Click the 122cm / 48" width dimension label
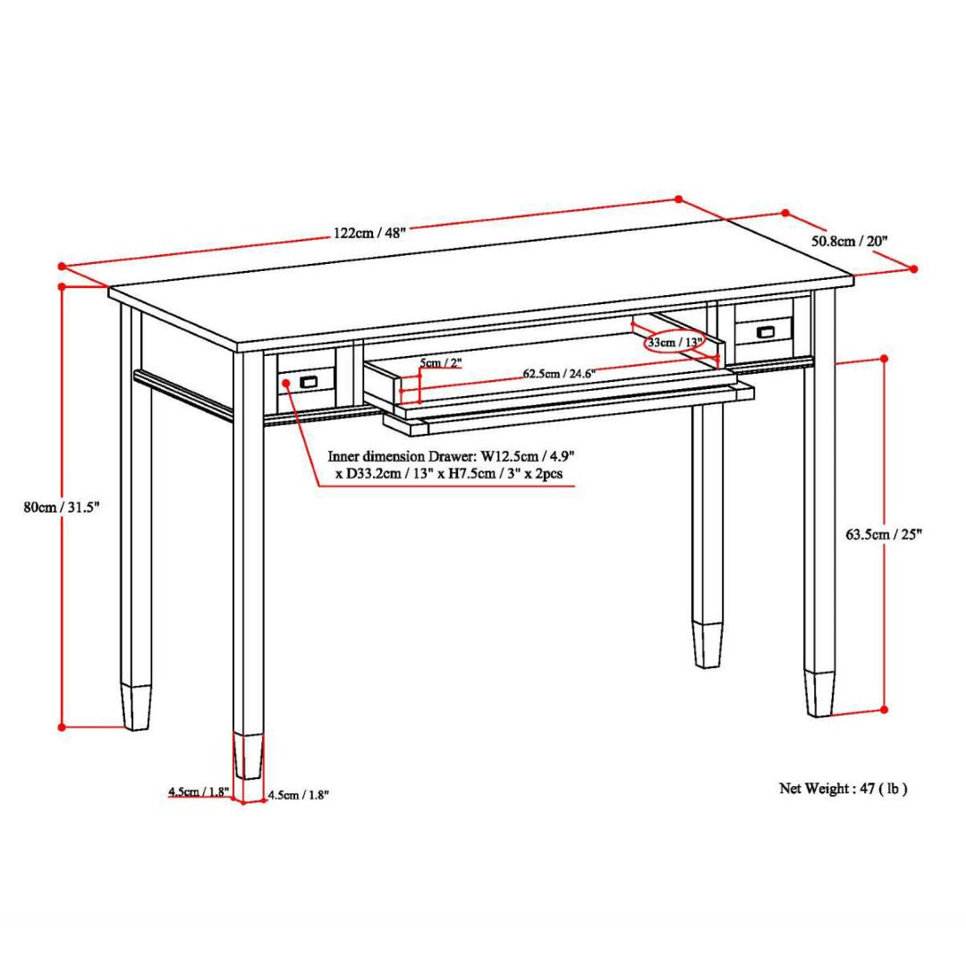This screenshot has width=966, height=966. (x=369, y=233)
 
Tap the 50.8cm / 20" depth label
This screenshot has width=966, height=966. (x=849, y=241)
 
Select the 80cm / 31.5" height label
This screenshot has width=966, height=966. (x=61, y=507)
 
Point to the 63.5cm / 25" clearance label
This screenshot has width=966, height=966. (x=884, y=534)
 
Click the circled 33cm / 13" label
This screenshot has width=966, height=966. (x=674, y=343)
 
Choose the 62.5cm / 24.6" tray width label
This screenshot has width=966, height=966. (x=559, y=373)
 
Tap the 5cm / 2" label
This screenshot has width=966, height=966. (x=440, y=363)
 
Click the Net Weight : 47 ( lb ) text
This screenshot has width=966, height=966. (x=843, y=788)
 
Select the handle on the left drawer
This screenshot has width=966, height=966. (x=309, y=382)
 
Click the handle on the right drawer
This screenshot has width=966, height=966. (x=765, y=332)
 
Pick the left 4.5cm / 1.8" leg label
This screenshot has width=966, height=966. (x=199, y=792)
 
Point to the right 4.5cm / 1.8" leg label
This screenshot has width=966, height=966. (x=298, y=795)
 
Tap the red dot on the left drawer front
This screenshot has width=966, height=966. (x=286, y=383)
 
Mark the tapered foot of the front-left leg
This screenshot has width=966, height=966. (x=249, y=756)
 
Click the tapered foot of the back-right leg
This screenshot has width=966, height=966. (x=708, y=644)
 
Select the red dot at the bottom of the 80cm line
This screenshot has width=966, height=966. (x=62, y=727)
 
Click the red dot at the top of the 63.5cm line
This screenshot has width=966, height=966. (x=884, y=358)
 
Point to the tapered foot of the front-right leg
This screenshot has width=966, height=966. (x=819, y=693)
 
